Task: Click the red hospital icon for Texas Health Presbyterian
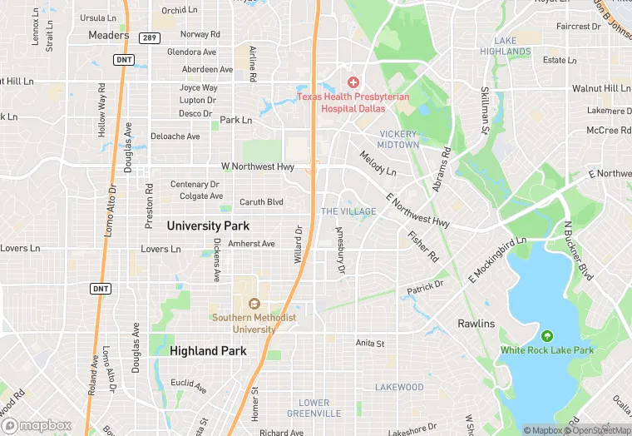[353, 82]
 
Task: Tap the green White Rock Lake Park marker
[546, 336]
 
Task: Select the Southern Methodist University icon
[254, 304]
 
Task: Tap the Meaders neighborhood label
[109, 35]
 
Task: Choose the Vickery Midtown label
[399, 139]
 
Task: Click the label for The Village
[348, 211]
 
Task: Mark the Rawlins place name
[476, 324]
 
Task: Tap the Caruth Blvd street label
[261, 202]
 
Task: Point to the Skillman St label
[483, 111]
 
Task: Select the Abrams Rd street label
[442, 170]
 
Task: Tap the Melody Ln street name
[378, 162]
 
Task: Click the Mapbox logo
[37, 425]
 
